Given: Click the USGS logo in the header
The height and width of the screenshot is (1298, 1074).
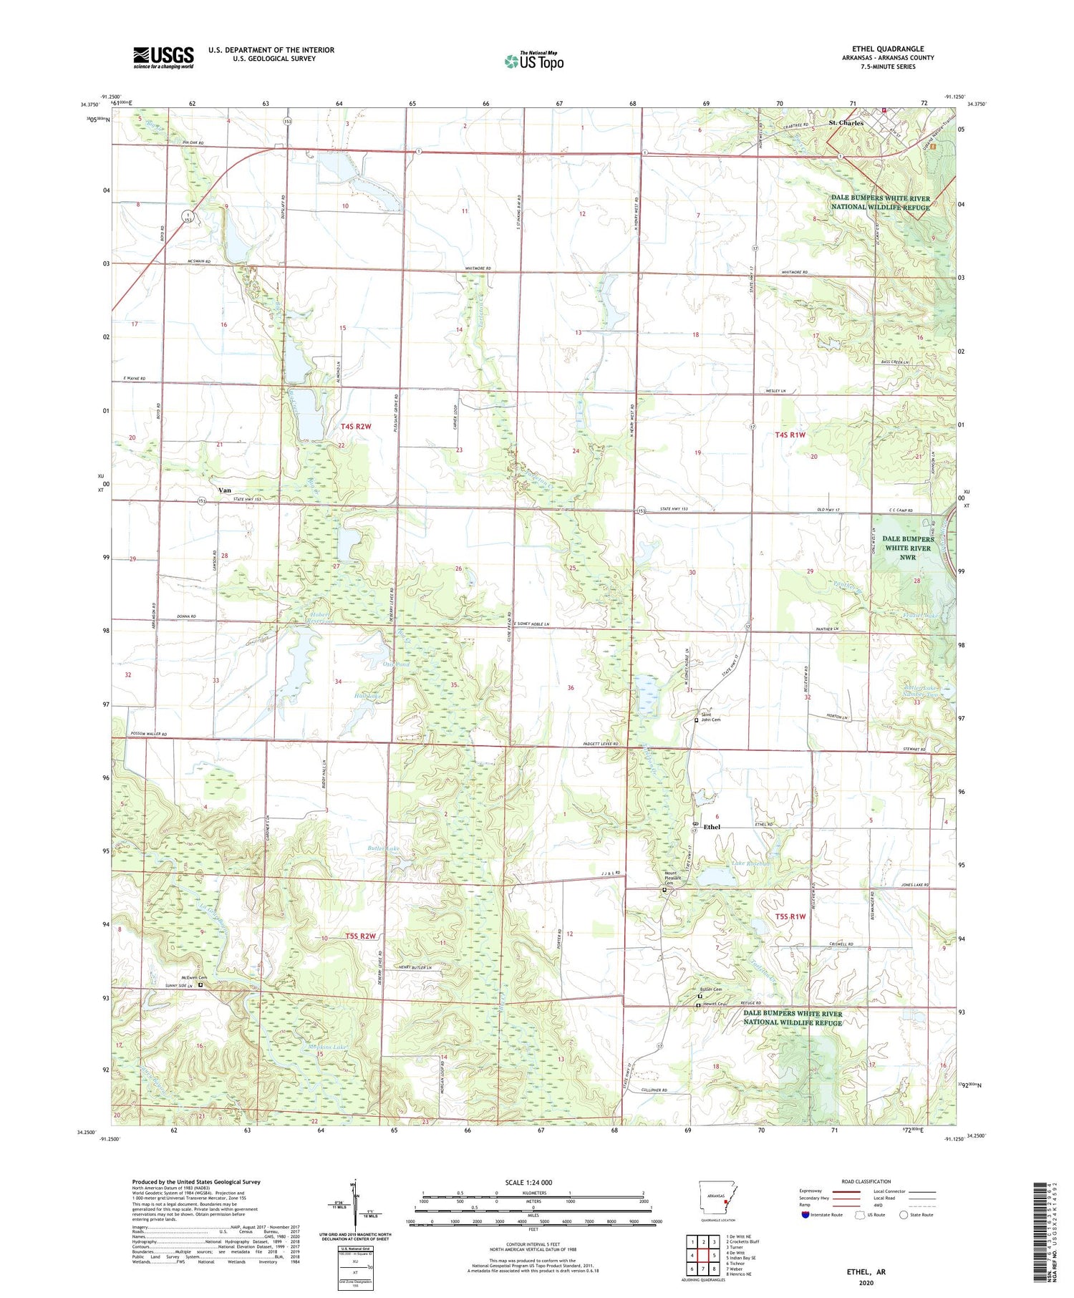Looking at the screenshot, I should pyautogui.click(x=163, y=57).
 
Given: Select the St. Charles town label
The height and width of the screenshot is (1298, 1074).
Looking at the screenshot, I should pyautogui.click(x=846, y=123).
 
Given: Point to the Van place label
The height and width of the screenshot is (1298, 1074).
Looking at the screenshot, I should pyautogui.click(x=224, y=490).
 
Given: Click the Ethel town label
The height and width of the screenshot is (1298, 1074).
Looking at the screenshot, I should pyautogui.click(x=712, y=827).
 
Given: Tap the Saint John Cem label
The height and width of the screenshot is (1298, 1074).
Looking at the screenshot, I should pyautogui.click(x=710, y=717).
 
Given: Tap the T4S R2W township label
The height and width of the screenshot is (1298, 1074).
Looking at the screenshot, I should pyautogui.click(x=356, y=427).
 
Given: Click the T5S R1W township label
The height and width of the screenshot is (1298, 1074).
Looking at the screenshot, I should pyautogui.click(x=790, y=916).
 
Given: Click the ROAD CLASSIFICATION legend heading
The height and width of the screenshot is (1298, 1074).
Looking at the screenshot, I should pyautogui.click(x=866, y=1181).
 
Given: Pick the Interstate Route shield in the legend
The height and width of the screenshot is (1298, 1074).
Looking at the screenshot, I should pyautogui.click(x=804, y=1215).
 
